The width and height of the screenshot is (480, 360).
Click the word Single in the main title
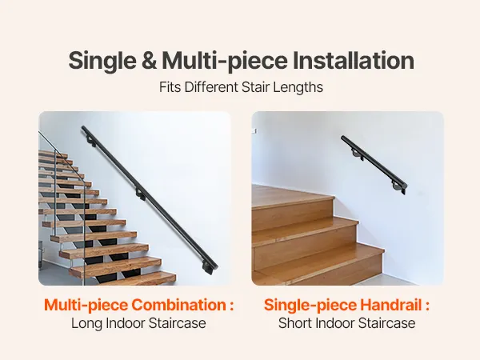102,62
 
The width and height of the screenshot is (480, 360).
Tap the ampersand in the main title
149,61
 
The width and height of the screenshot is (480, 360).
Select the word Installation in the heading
354,60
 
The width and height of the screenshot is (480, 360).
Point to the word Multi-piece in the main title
225,62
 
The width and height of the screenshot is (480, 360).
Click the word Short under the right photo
295,323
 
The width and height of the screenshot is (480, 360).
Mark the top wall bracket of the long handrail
90,141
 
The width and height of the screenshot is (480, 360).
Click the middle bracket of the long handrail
141,194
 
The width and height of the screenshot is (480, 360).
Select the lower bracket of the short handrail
397,186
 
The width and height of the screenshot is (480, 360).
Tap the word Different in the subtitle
211,87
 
